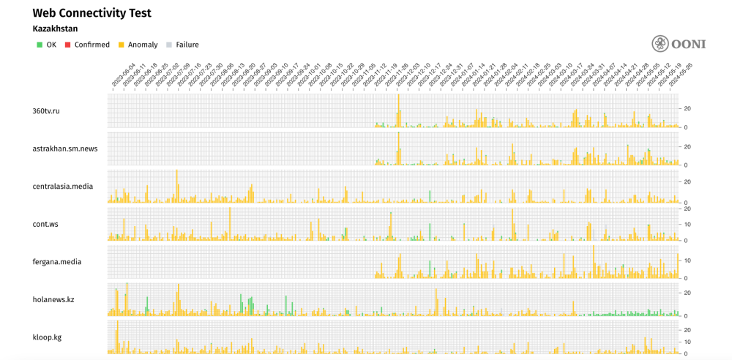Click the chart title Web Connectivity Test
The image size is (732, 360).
pyautogui.click(x=91, y=13)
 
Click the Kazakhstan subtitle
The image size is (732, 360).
pyautogui.click(x=55, y=29)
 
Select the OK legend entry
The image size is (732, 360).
pyautogui.click(x=46, y=45)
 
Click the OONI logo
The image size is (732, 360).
pyautogui.click(x=679, y=43)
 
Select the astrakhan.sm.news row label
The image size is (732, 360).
pyautogui.click(x=65, y=149)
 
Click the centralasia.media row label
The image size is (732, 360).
pyautogui.click(x=63, y=186)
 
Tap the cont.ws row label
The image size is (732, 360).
pyautogui.click(x=45, y=224)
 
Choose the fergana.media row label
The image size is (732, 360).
pyautogui.click(x=57, y=261)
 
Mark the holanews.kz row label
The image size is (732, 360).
pyautogui.click(x=53, y=299)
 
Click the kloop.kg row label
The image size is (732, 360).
pyautogui.click(x=48, y=337)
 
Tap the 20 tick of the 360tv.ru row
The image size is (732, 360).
pyautogui.click(x=687, y=108)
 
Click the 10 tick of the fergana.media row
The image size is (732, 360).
pyautogui.click(x=687, y=260)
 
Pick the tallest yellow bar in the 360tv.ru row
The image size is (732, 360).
pyautogui.click(x=398, y=110)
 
